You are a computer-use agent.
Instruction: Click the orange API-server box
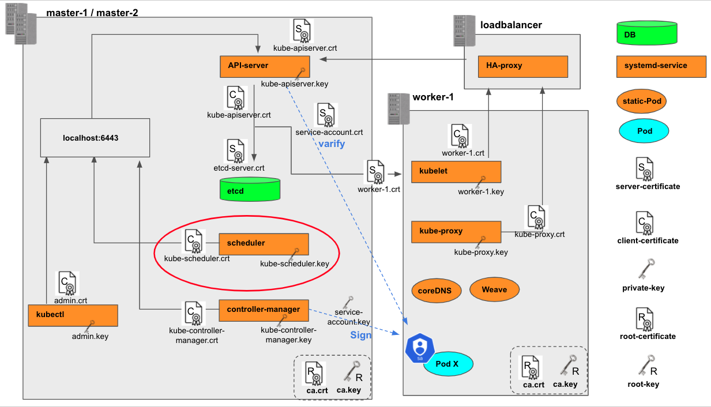tap(265, 66)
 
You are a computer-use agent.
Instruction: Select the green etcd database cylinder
tap(249, 189)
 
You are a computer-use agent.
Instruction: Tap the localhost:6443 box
tap(95, 138)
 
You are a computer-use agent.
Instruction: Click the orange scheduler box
tap(264, 244)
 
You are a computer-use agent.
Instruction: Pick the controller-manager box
tap(264, 310)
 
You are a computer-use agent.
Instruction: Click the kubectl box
tap(73, 315)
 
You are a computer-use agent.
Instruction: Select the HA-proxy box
tap(522, 66)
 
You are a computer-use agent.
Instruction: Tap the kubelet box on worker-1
tap(456, 172)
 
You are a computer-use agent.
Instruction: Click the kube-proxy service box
tap(456, 231)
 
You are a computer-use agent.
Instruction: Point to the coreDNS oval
tap(436, 291)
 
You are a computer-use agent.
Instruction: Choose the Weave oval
tap(494, 289)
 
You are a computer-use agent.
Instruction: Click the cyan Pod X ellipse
tap(448, 364)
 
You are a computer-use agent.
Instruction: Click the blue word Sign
tap(361, 336)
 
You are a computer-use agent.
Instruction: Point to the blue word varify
tap(332, 144)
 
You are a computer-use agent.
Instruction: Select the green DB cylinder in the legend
tap(646, 34)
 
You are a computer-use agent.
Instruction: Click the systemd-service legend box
tap(661, 66)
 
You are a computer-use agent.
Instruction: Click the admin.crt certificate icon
tap(66, 282)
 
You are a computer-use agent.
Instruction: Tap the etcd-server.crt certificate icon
tap(235, 150)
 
